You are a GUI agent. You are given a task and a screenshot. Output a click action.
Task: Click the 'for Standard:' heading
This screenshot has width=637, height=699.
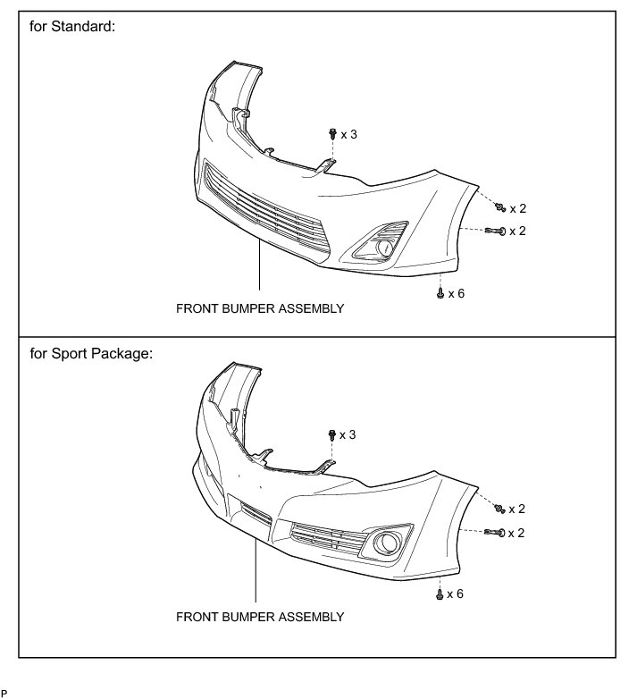pos(73,28)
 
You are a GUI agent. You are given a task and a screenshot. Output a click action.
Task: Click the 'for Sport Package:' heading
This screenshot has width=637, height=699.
pos(92,353)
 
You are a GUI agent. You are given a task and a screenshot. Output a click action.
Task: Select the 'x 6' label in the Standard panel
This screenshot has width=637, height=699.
pos(456,293)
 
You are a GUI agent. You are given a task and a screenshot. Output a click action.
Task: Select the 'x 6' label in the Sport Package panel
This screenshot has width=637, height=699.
pos(456,594)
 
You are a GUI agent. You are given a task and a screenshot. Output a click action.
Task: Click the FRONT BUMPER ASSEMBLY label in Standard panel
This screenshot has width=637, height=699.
pos(260,308)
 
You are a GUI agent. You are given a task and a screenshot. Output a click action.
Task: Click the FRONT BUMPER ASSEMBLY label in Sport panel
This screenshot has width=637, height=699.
pos(260,617)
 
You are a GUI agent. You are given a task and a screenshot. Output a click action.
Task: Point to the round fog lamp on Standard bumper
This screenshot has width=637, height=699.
pos(384,248)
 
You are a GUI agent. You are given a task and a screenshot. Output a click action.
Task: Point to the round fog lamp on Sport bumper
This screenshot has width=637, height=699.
pos(390,542)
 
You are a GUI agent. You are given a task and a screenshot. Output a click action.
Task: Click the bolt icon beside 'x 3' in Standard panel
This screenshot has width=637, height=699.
pos(332,134)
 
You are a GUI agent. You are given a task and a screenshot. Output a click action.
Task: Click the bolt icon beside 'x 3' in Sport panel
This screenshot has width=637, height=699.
pos(332,434)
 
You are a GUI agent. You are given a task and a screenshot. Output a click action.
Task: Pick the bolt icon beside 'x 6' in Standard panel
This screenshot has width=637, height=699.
pos(440,292)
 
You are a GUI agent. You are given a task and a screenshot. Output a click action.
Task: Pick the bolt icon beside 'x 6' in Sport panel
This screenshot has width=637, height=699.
pos(440,593)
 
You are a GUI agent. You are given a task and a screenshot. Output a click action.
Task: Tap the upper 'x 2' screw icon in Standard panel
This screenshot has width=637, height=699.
pos(502,207)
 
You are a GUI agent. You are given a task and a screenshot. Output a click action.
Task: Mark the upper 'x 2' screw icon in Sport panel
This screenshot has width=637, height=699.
pos(502,508)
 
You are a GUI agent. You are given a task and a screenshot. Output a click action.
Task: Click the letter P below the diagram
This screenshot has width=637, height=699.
pos(4,693)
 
